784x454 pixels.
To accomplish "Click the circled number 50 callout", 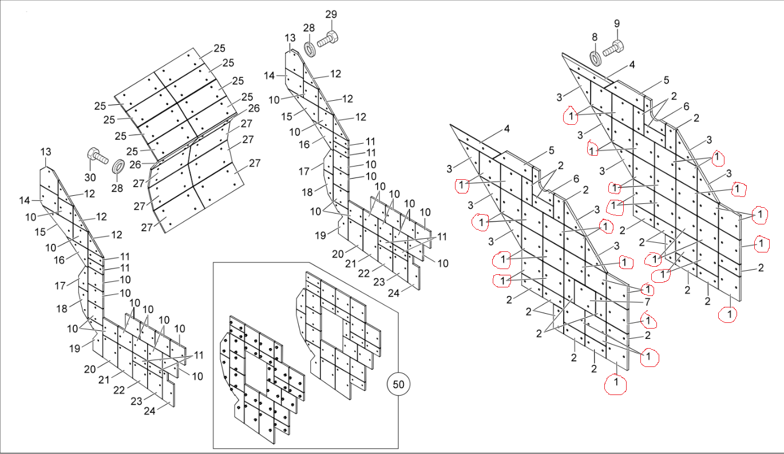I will tap(398, 384).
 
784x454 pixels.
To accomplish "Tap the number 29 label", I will tap(331, 14).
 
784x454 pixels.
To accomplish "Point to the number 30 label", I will tap(90, 176).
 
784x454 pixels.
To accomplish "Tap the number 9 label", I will tap(616, 23).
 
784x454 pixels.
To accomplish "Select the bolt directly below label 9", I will tap(614, 48).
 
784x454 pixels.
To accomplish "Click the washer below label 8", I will tap(595, 57).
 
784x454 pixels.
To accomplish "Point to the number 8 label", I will tap(595, 37).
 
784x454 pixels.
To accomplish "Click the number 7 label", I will tap(647, 302).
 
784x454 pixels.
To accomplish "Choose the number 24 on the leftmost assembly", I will tap(149, 410).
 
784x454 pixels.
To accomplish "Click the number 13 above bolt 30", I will tap(46, 152).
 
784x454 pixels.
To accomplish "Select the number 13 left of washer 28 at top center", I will tap(290, 38).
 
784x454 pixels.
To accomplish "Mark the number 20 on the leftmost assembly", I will tap(89, 369).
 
